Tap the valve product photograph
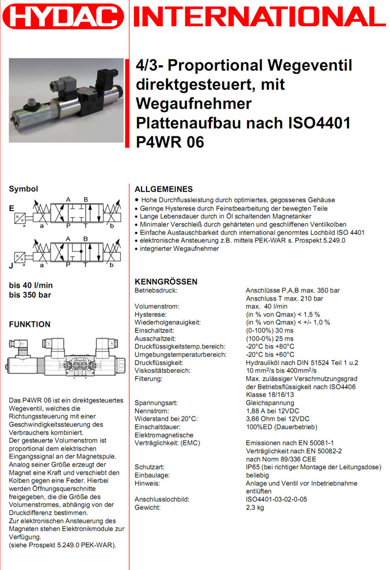click(66, 100)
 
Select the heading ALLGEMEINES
click(164, 189)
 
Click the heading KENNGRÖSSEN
click(166, 282)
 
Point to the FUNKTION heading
click(30, 324)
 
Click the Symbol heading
click(23, 189)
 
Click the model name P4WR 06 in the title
click(170, 142)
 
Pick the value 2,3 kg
click(255, 507)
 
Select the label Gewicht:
click(148, 507)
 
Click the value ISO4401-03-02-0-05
click(276, 499)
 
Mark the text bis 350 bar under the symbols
click(30, 294)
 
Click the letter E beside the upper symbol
click(12, 208)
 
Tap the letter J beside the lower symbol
click(11, 266)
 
